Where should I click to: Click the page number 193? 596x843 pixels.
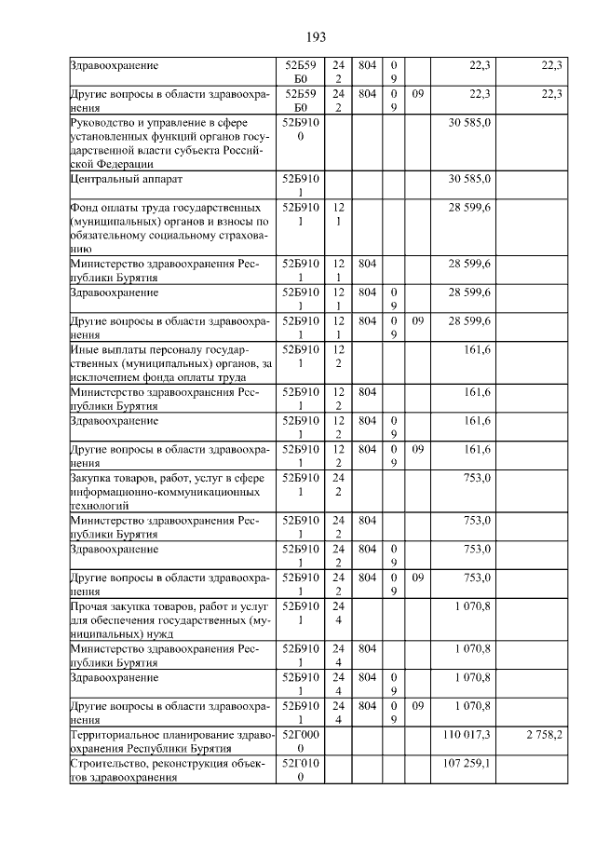coord(316,36)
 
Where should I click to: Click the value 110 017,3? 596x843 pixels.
coord(471,735)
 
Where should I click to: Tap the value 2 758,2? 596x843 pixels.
coord(542,735)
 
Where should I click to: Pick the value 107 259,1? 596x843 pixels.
coord(471,763)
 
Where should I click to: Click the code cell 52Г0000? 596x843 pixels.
coord(300,741)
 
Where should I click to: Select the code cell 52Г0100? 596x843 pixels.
coord(300,769)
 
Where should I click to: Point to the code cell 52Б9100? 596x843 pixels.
coord(300,129)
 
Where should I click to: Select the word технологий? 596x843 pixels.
coord(99,507)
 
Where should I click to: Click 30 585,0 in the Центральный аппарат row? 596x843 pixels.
coord(471,178)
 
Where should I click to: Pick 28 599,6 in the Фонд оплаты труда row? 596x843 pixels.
coord(471,206)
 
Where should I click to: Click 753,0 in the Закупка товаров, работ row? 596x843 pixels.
coord(478,478)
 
